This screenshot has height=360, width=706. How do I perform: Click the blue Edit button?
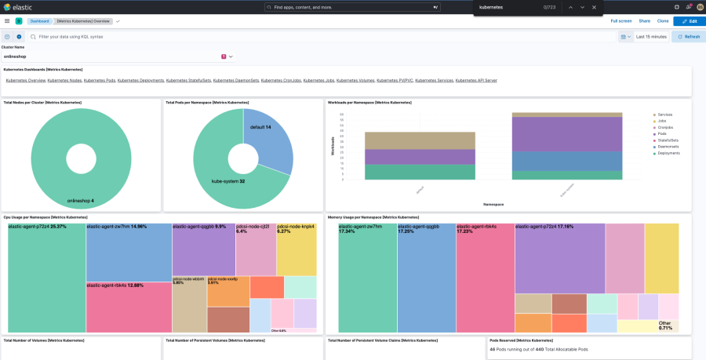[689, 21]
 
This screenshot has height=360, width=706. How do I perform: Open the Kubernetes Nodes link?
[64, 80]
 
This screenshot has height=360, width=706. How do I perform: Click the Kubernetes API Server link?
[476, 80]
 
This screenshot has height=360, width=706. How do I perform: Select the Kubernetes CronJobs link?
[281, 80]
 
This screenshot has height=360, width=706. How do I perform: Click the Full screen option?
[620, 21]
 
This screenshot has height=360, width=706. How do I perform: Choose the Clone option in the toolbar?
[663, 21]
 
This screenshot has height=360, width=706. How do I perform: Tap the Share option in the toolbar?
[644, 21]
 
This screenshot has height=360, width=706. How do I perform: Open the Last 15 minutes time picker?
[651, 37]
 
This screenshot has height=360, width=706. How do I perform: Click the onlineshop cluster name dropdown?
[118, 56]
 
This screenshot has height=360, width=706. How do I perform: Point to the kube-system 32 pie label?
[228, 181]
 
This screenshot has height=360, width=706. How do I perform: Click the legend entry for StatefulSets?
[668, 140]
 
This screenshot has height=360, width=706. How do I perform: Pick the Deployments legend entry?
[668, 153]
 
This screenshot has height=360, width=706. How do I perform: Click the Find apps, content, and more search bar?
[353, 7]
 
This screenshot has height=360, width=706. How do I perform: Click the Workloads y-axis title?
[333, 145]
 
